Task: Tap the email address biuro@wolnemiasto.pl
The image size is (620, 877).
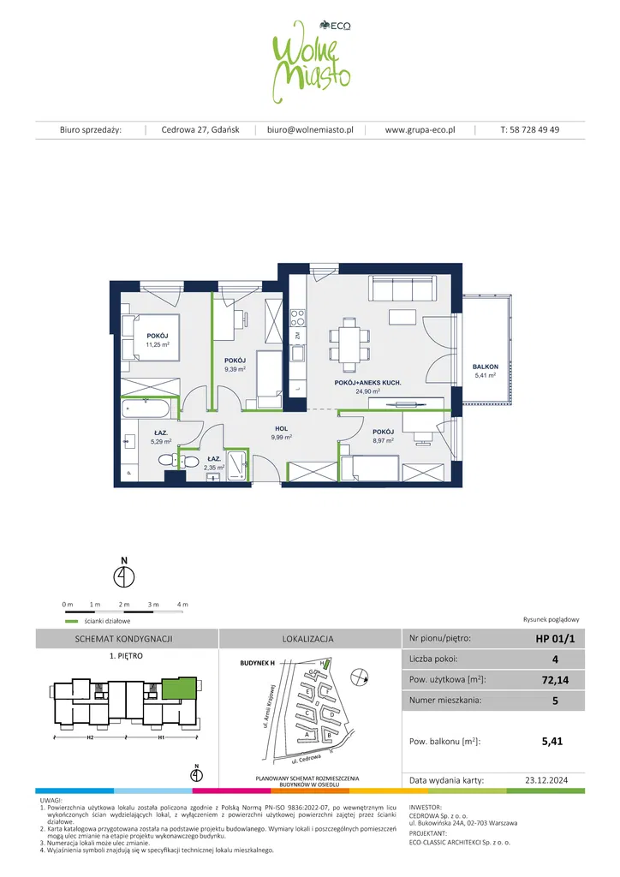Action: (x=310, y=130)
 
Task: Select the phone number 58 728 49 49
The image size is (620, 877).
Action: (x=530, y=130)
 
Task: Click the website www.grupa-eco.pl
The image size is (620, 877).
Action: (x=420, y=130)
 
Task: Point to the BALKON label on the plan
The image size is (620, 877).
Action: (x=485, y=367)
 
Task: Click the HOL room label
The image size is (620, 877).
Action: (x=281, y=427)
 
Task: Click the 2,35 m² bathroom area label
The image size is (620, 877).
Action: (x=213, y=468)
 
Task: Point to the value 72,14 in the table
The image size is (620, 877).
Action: (x=538, y=679)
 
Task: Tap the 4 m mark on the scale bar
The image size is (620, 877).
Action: (x=182, y=605)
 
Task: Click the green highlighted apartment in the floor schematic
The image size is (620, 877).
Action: (x=177, y=688)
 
